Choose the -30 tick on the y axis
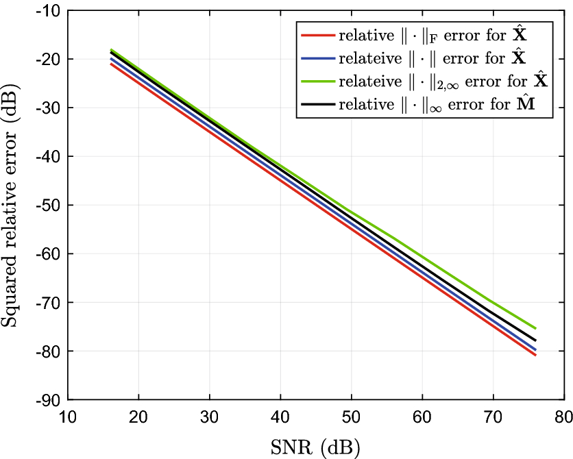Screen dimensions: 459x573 68,108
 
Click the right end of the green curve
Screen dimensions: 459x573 535,328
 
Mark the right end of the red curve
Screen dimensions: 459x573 535,355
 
